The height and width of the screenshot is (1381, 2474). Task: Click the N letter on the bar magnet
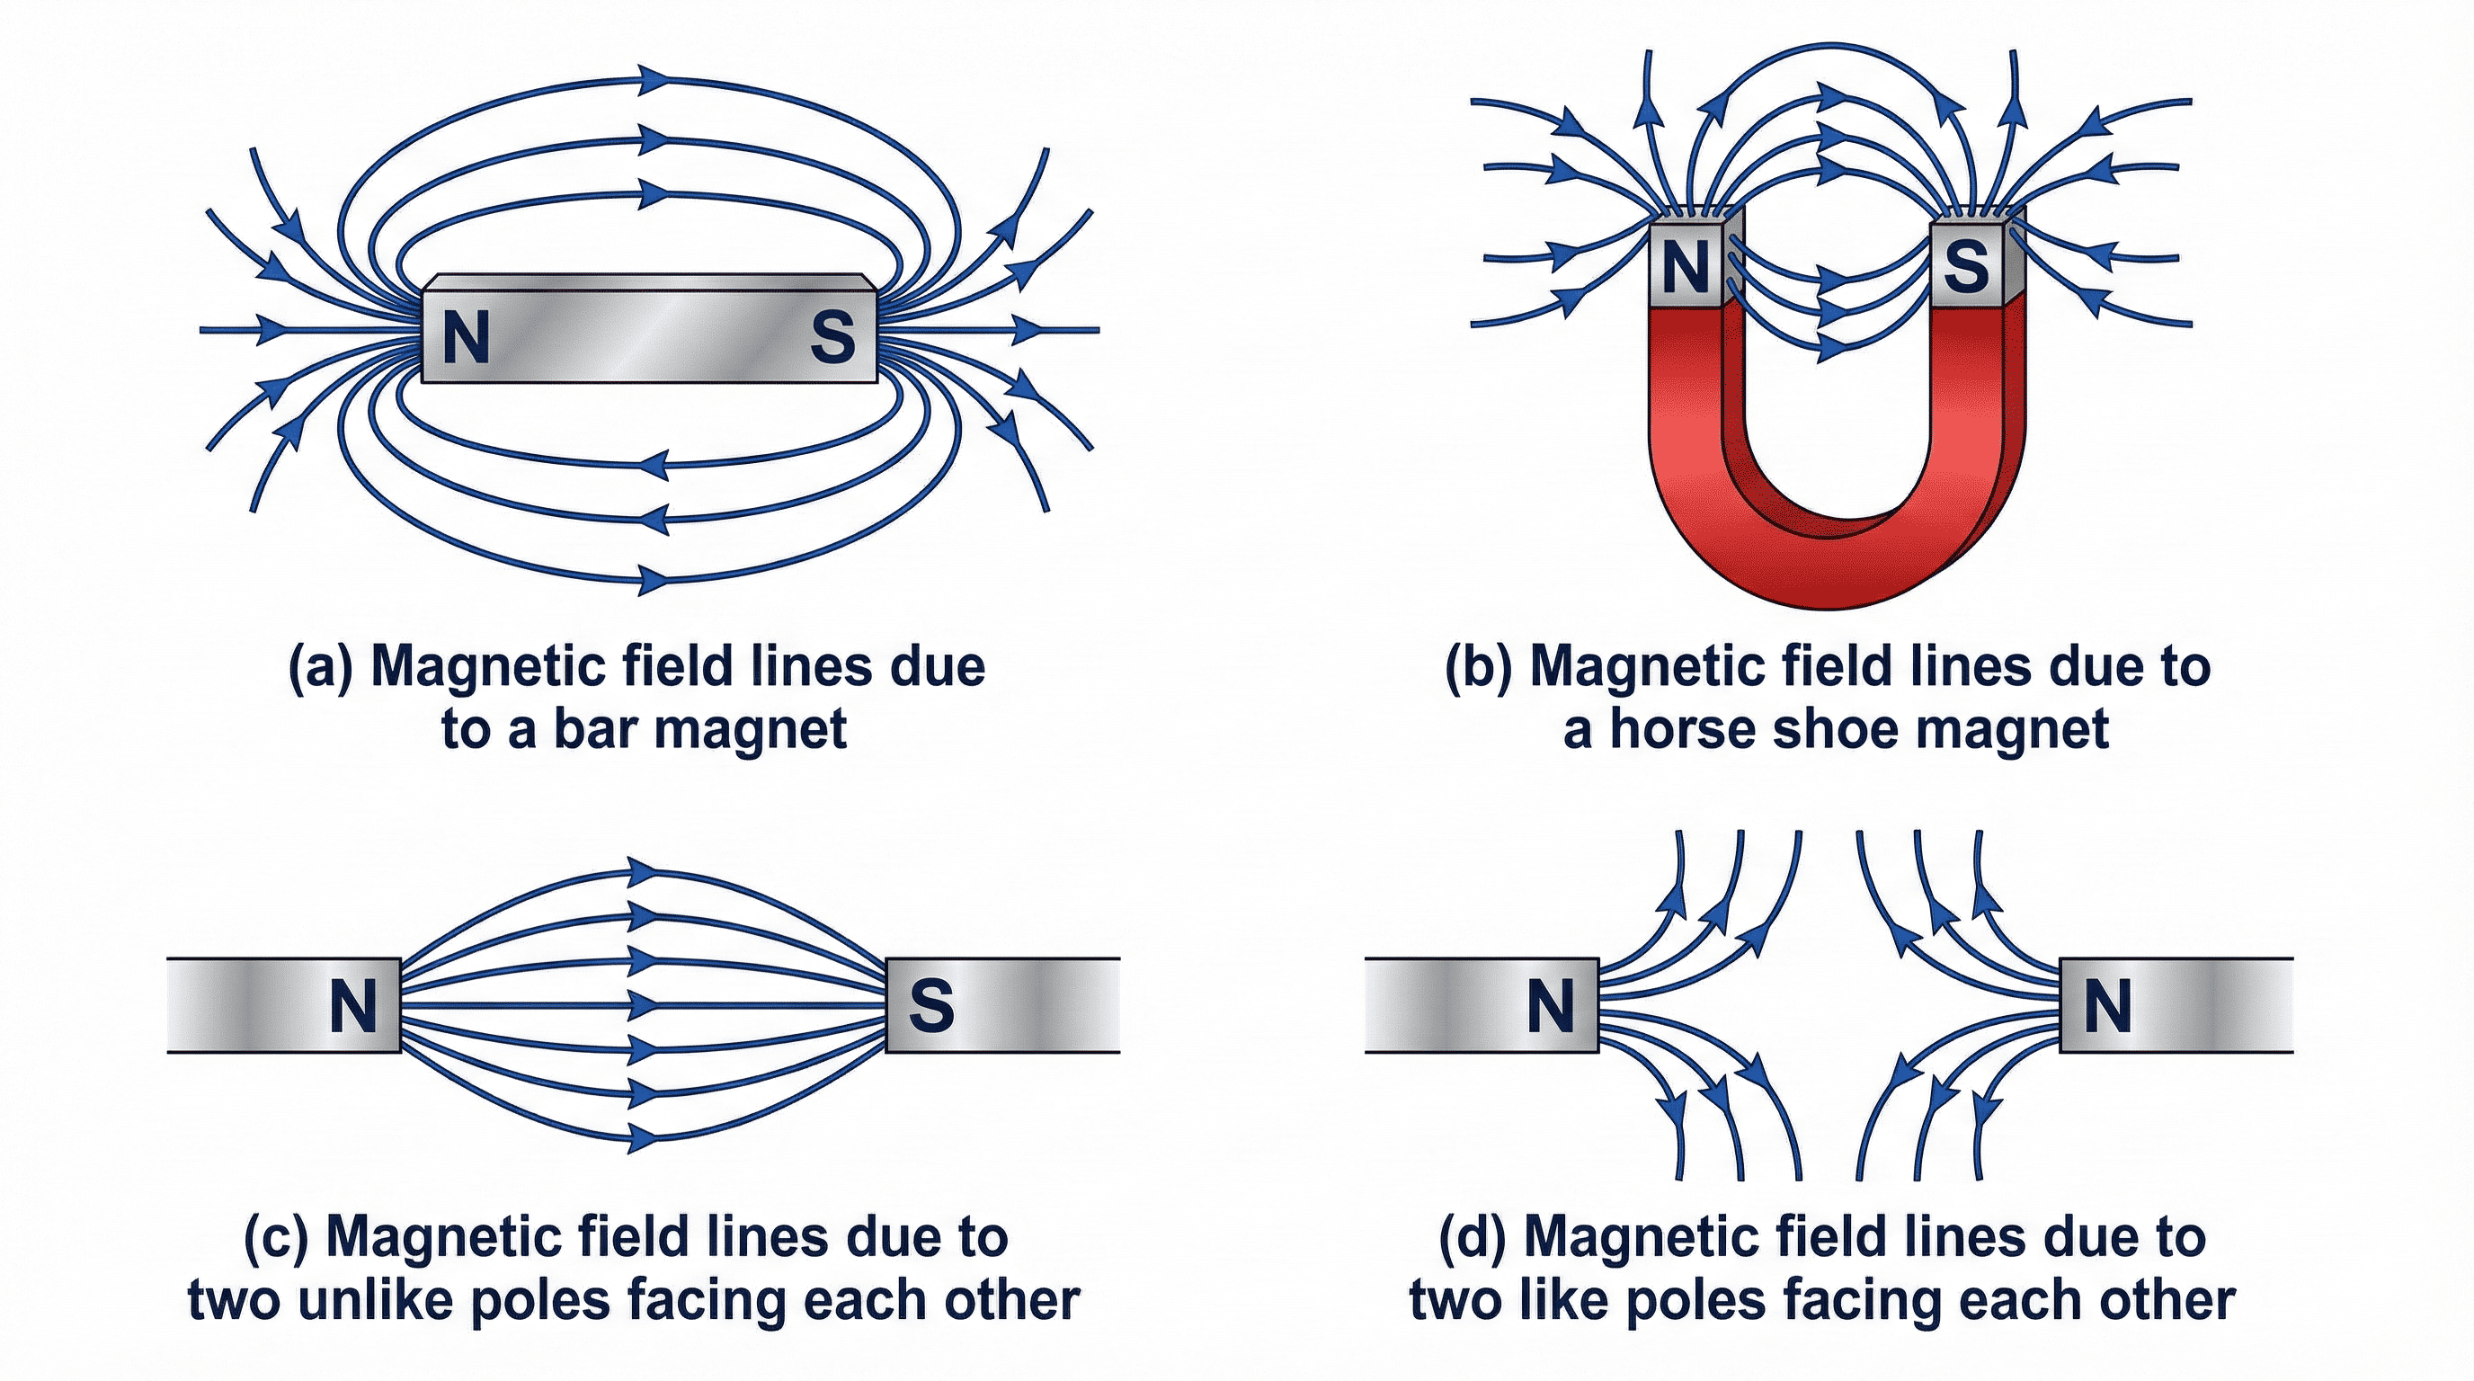467,337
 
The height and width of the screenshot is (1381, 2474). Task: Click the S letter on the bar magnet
832,337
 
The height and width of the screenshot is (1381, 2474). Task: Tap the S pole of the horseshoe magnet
1966,266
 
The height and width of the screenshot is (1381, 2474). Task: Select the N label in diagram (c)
352,1006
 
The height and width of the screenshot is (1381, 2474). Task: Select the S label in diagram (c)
930,1006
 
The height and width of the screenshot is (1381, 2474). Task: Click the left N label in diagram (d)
1550,1006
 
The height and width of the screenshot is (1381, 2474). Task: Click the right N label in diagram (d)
2108,1006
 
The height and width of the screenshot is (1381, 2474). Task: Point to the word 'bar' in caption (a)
594,729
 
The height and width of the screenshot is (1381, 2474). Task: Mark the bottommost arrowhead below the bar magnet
655,580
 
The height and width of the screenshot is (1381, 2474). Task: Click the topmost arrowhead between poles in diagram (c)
644,872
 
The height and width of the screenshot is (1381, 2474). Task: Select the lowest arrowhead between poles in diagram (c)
644,1138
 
